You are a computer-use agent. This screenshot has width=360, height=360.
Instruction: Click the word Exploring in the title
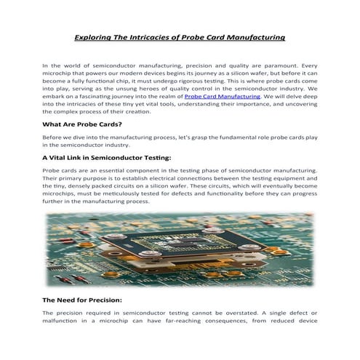[x=97, y=36]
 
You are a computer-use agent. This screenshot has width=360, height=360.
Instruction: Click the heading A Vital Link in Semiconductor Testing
[x=107, y=156]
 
